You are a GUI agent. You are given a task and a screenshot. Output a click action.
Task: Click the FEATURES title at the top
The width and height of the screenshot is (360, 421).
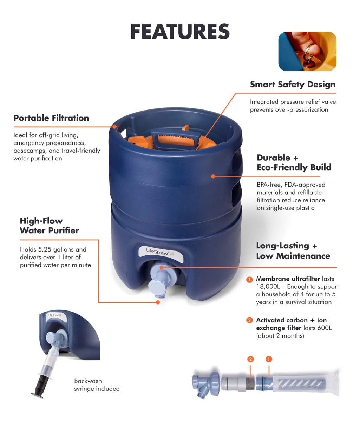point(180,32)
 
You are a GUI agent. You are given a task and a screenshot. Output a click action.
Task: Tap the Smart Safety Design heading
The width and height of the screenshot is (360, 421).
point(292,85)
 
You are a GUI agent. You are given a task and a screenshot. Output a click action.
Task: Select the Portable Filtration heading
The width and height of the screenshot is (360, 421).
point(51,118)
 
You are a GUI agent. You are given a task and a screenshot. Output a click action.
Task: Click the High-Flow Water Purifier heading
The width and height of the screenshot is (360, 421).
point(49,226)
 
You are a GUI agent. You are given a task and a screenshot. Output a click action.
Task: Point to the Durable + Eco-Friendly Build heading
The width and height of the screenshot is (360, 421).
point(294,162)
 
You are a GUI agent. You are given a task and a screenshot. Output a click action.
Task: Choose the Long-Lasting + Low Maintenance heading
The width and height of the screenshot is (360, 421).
point(293,251)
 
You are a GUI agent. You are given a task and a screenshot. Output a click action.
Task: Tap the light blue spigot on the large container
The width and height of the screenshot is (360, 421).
point(157,280)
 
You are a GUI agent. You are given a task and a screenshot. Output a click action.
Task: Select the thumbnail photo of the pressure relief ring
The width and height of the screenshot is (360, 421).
point(307,52)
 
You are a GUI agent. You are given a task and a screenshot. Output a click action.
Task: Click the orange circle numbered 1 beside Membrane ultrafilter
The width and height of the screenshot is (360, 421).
point(249,280)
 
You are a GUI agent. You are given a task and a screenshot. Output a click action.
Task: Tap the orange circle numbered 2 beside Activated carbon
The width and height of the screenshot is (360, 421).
point(249,320)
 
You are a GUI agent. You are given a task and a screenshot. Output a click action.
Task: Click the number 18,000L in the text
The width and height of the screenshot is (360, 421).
point(270,287)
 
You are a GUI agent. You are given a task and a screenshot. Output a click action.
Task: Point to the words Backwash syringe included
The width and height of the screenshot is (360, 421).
point(97,385)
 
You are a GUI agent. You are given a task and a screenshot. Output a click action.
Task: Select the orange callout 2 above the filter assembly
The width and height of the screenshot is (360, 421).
point(250,359)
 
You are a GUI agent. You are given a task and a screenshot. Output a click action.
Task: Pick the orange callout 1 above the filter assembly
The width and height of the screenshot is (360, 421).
point(269,359)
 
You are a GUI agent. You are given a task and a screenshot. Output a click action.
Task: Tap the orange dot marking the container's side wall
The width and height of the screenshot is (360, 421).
point(213,176)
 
